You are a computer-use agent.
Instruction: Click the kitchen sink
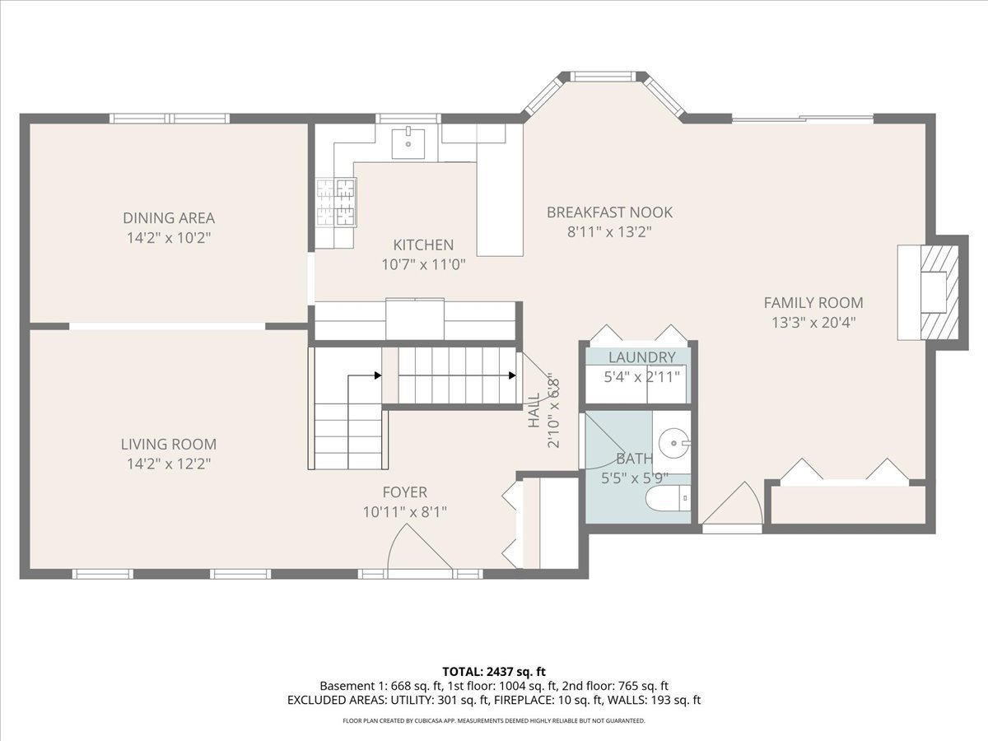pyautogui.click(x=408, y=143)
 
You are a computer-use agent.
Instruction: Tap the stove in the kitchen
pyautogui.click(x=336, y=202)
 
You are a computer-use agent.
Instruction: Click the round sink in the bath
pyautogui.click(x=673, y=443)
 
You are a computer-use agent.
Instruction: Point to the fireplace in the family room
pyautogui.click(x=932, y=292)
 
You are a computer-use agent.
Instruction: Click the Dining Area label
pyautogui.click(x=169, y=217)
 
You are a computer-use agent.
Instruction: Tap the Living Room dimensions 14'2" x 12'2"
pyautogui.click(x=169, y=464)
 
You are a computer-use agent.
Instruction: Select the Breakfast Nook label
pyautogui.click(x=609, y=212)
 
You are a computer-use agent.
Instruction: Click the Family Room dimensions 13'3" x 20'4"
pyautogui.click(x=813, y=323)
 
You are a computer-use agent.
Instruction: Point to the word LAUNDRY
pyautogui.click(x=642, y=357)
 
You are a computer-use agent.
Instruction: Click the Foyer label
pyautogui.click(x=404, y=492)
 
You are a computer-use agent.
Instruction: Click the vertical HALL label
pyautogui.click(x=534, y=410)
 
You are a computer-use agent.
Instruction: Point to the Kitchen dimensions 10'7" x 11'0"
pyautogui.click(x=423, y=264)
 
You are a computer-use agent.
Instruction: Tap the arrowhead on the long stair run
pyautogui.click(x=512, y=375)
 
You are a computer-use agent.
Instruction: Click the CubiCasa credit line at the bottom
pyautogui.click(x=494, y=720)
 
